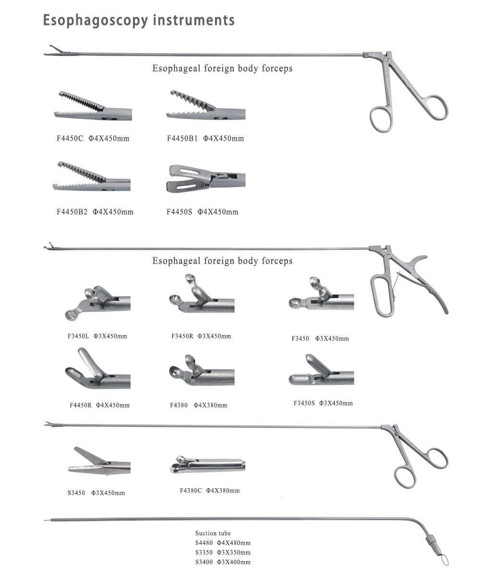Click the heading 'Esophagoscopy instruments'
coord(139,20)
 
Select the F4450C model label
coord(93,139)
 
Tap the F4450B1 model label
coord(205,139)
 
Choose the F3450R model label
coord(201,336)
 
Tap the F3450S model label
coord(323,403)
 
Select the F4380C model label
coord(209,491)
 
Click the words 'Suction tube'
coord(213,533)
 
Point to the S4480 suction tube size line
coord(223,543)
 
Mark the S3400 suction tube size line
coord(223,562)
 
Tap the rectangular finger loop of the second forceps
coord(382,295)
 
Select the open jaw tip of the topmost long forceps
coord(55,50)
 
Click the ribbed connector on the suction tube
coord(431,542)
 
